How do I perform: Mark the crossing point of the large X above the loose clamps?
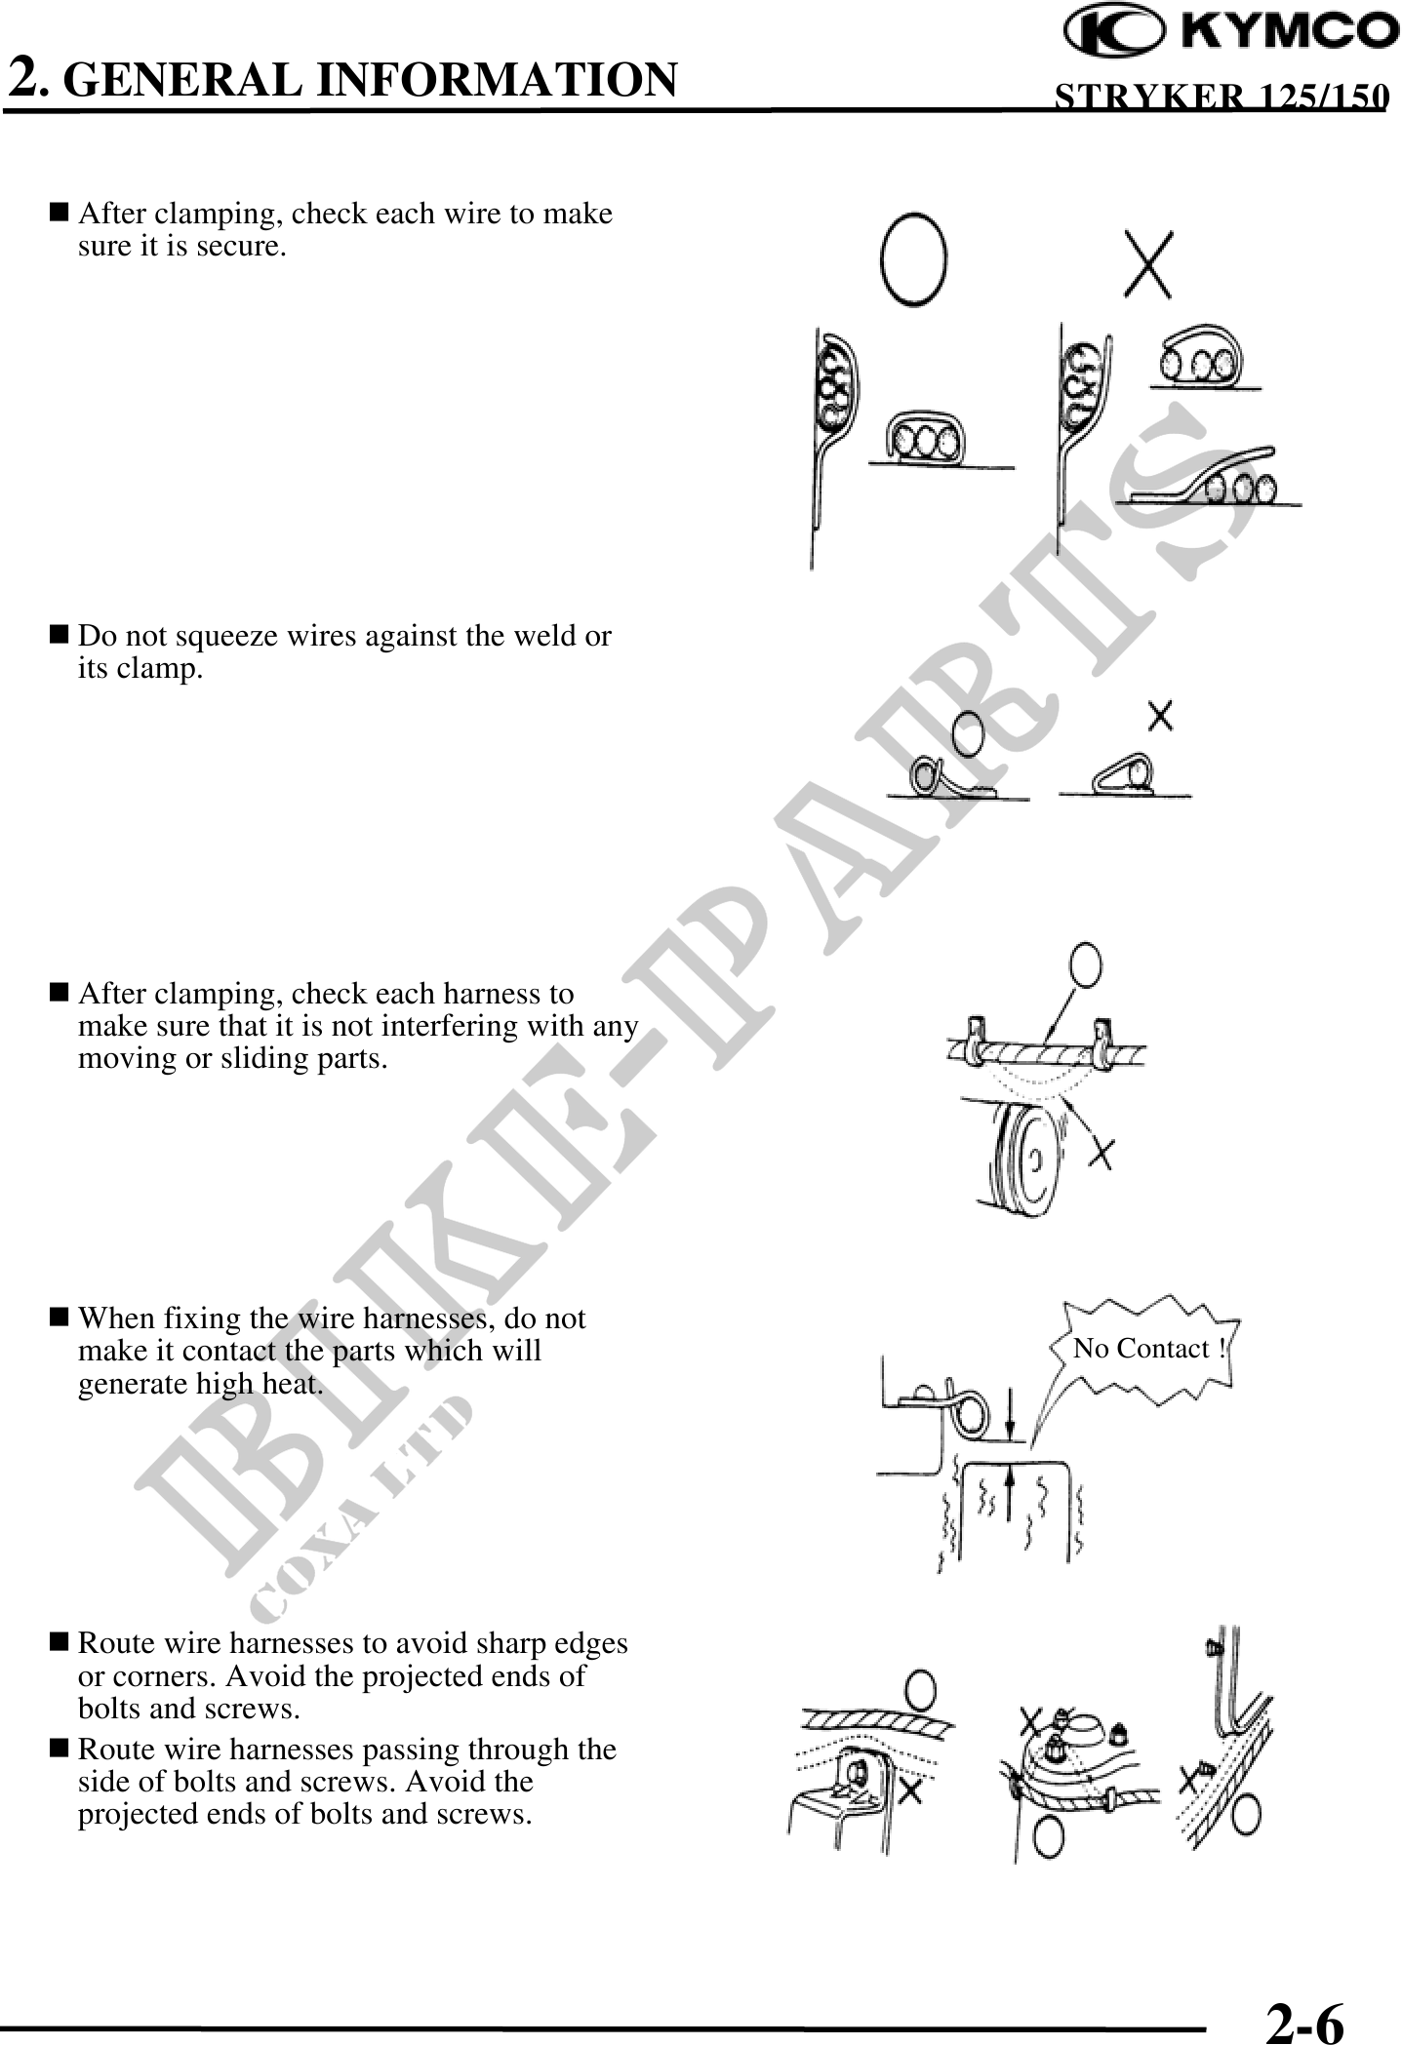[1148, 264]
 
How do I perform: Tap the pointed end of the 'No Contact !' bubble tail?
[1031, 1437]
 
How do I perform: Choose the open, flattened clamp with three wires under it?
[1211, 477]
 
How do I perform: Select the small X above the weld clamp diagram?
[1160, 716]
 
